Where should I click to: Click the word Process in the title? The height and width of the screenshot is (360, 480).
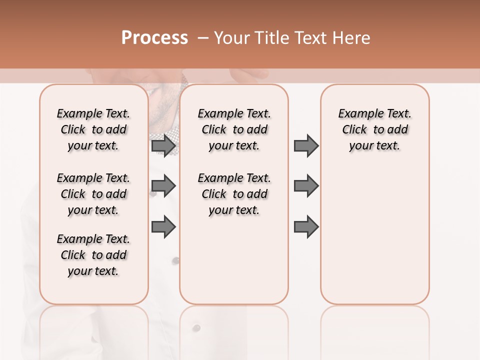pyautogui.click(x=154, y=38)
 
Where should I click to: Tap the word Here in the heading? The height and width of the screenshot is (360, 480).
pyautogui.click(x=351, y=38)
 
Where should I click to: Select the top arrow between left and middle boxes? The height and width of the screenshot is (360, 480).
pyautogui.click(x=163, y=145)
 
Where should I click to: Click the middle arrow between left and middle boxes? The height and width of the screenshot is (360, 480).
pyautogui.click(x=163, y=186)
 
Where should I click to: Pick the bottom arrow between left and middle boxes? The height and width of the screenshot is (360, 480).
pyautogui.click(x=163, y=227)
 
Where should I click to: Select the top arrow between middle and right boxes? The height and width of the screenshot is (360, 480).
pyautogui.click(x=306, y=145)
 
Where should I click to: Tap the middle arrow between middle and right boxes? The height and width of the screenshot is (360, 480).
pyautogui.click(x=306, y=186)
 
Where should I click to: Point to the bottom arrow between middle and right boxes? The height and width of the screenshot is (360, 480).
pyautogui.click(x=306, y=227)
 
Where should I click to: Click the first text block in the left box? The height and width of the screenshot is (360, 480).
pyautogui.click(x=93, y=129)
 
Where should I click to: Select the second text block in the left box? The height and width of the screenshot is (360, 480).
pyautogui.click(x=93, y=194)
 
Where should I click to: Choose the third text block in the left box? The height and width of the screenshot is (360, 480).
pyautogui.click(x=93, y=255)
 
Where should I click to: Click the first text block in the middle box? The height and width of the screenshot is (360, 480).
pyautogui.click(x=234, y=129)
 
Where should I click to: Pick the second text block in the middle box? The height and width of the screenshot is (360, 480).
pyautogui.click(x=234, y=194)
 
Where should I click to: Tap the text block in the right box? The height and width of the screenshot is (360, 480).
pyautogui.click(x=375, y=129)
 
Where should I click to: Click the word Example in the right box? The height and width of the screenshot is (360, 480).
pyautogui.click(x=356, y=113)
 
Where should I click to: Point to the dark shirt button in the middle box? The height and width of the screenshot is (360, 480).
pyautogui.click(x=175, y=260)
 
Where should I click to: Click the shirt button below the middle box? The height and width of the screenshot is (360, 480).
pyautogui.click(x=196, y=328)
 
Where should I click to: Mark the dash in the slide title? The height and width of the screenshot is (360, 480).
pyautogui.click(x=203, y=38)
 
